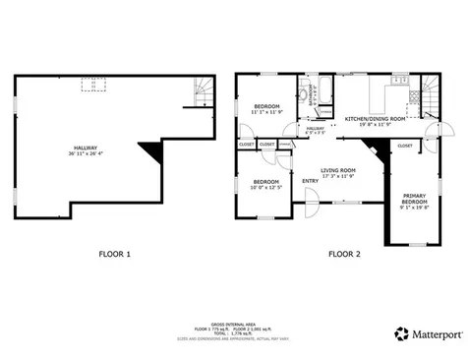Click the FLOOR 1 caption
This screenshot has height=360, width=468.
click(115, 255)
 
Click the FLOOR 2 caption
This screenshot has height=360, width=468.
click(344, 255)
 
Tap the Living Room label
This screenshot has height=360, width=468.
click(337, 171)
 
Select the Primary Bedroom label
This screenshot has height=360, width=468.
click(414, 200)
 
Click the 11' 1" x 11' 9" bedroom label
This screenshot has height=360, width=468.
click(266, 109)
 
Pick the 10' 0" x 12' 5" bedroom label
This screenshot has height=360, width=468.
click(265, 184)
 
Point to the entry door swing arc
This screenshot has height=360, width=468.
click(311, 206)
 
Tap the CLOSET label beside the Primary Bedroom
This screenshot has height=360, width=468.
click(405, 145)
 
